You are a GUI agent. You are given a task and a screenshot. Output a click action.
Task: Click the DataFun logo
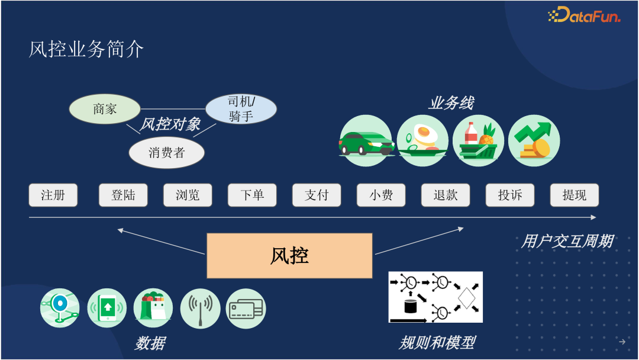point(584,15)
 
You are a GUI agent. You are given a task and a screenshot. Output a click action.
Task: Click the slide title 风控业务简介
point(86,50)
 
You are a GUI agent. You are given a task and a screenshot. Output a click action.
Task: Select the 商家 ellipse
point(105,110)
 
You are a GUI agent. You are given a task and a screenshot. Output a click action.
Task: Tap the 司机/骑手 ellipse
point(241,109)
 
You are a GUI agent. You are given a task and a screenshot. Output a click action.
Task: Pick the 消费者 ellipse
point(166,153)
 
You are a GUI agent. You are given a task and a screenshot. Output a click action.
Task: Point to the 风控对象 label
point(170,125)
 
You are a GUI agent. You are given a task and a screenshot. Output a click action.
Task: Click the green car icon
point(366,141)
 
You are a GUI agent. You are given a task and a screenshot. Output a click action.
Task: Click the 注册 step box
point(53,195)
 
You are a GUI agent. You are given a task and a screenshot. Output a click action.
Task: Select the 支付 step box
point(317,195)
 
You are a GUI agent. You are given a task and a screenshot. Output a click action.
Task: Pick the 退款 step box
point(446,195)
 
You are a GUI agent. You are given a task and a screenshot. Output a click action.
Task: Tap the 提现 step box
point(574,195)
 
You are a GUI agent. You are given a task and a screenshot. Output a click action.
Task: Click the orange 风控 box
point(289,256)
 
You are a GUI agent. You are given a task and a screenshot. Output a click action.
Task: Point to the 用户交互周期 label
point(566,242)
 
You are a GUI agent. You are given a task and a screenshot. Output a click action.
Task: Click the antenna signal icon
point(200,308)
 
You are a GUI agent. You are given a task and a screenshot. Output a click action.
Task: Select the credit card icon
point(246,308)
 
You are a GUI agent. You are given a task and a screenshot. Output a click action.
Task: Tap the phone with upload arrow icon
point(107,308)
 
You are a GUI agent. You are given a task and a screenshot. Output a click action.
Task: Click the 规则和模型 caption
point(437,342)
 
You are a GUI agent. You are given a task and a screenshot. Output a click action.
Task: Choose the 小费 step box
point(381,195)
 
